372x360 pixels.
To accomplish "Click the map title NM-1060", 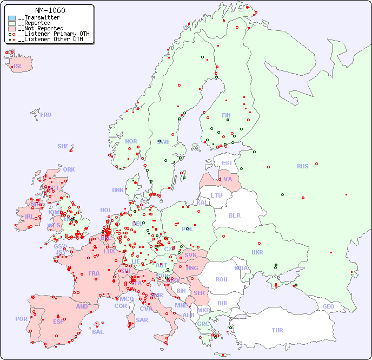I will pos(50,10).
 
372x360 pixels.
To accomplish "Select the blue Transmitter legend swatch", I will pos(12,18).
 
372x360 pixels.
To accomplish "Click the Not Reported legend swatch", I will pos(12,28).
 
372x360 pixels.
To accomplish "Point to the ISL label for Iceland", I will pos(18,67).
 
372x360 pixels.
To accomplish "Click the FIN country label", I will pos(226,115).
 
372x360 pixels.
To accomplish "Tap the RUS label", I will pos(302,166).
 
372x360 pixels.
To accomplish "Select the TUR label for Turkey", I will pos(277,330).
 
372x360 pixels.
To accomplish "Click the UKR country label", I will pos(257,252).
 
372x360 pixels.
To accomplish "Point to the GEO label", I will pos(328,306).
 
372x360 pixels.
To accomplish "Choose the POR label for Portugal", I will pos(21,319).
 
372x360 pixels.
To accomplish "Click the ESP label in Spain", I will pos(58,321).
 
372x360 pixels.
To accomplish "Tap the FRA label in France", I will pos(94,273).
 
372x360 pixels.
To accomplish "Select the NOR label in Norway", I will pos(131,141).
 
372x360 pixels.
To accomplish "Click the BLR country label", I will pos(235,215).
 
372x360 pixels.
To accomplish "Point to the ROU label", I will pos(221,279).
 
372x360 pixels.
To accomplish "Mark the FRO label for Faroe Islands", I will pos(46,115).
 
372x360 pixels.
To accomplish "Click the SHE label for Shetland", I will pos(63,146).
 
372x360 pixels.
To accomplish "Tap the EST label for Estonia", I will pos(227,163).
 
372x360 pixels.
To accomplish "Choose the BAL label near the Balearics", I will pos(98,332).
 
